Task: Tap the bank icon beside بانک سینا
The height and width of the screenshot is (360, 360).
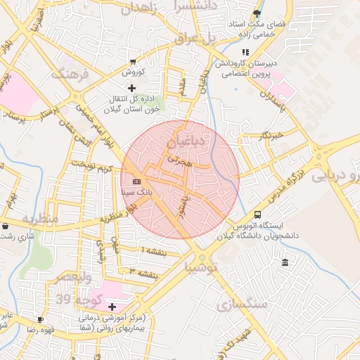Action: tap(136, 182)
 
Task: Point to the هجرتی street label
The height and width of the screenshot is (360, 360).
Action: tap(178, 161)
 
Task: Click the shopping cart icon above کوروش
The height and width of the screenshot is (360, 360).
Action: tap(133, 62)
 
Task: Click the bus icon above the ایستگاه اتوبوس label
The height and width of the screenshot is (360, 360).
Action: tap(257, 214)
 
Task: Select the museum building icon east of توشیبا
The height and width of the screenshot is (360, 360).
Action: tap(284, 263)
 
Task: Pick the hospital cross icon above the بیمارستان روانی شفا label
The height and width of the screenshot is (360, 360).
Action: tap(112, 307)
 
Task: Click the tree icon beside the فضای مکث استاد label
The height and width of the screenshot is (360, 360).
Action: tap(257, 13)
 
